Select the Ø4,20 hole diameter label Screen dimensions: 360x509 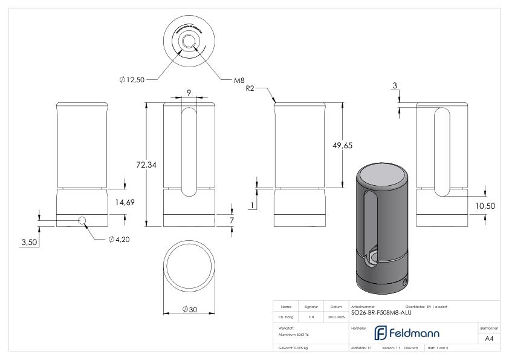(120, 239)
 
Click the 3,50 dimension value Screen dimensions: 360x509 (29, 242)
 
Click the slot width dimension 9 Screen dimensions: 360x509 (189, 93)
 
